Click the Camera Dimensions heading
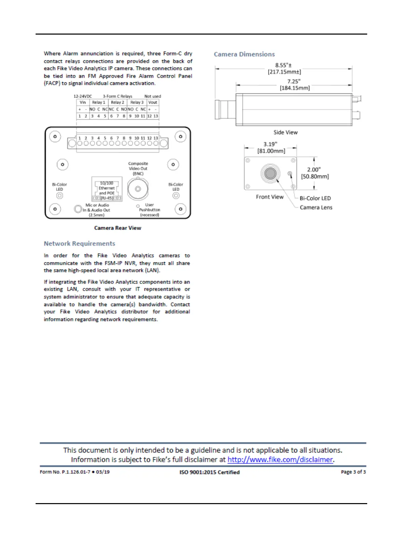coord(244,54)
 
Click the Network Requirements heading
coord(79,243)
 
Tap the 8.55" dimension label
coord(283,65)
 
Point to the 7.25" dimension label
coord(294,81)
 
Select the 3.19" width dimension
coord(270,144)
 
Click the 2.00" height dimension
coord(314,170)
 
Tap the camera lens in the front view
coord(270,173)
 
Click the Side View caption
coord(285,132)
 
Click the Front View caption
coord(270,197)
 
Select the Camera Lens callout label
coord(316,207)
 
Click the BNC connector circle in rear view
coord(138,189)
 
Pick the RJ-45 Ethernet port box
coord(107,189)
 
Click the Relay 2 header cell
coord(118,102)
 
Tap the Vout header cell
coord(153,102)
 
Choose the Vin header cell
coord(83,102)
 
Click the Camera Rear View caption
coord(118,228)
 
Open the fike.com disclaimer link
coord(280,459)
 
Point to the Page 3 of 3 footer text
coord(353,472)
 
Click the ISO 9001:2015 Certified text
coord(210,472)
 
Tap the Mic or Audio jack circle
coord(78,209)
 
